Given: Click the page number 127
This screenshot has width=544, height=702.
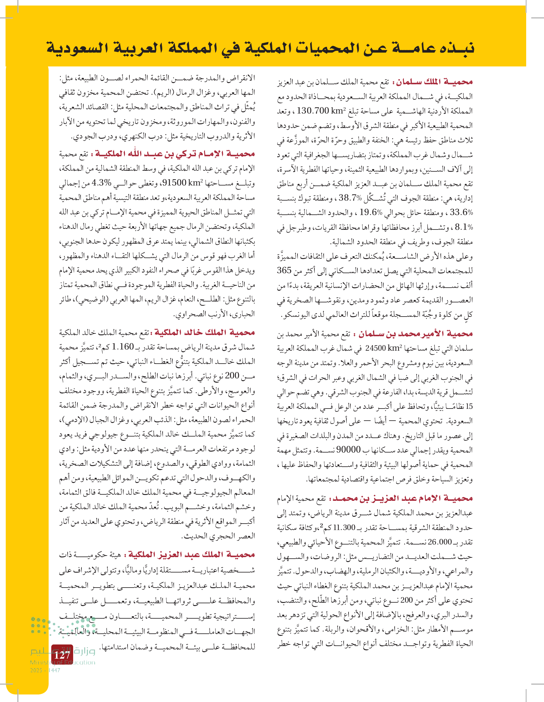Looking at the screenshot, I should click(62, 655).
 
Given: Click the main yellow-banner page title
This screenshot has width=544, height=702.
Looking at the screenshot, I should click(260, 48).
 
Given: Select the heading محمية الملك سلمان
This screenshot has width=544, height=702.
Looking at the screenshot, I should click(434, 82).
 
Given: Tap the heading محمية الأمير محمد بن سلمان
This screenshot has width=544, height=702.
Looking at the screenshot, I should click(416, 334).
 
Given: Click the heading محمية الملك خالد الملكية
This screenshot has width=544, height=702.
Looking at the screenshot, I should click(204, 332).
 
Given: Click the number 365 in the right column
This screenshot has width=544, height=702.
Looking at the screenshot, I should click(284, 271).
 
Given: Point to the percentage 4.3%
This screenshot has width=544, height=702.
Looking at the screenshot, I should click(101, 183).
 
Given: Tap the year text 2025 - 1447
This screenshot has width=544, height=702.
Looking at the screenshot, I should click(45, 670).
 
